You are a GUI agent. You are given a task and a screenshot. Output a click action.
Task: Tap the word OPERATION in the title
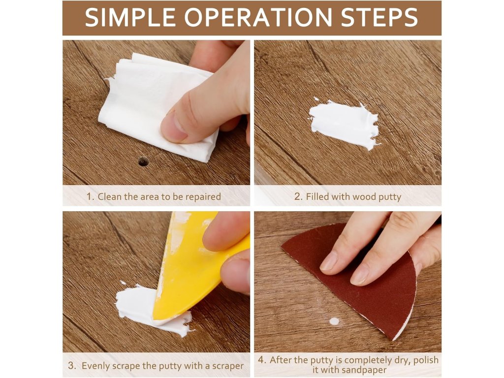coord(258,17)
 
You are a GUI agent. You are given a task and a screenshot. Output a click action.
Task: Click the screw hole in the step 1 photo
coord(143,161)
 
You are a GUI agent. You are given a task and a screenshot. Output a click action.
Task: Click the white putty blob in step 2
coord(345,124)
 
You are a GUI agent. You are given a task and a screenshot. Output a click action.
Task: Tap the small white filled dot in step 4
coord(334,321)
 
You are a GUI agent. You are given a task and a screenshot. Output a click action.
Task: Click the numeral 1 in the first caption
coord(90,196)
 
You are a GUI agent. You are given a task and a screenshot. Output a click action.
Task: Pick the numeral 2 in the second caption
coord(298,196)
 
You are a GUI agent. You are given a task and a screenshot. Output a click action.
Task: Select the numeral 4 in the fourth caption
coord(262,360)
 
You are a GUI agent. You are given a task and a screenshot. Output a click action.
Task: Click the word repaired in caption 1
coord(203,197)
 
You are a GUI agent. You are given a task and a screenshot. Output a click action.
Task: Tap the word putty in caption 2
coord(390,197)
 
